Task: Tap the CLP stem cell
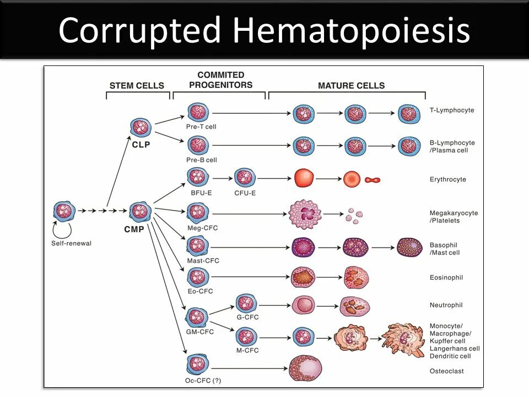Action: pos(141,128)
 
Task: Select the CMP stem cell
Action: pos(141,211)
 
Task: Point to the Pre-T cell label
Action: pos(201,127)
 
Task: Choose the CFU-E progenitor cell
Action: pos(245,178)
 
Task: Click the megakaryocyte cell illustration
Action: pos(305,214)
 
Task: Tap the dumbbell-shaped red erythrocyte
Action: pos(373,180)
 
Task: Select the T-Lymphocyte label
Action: pos(452,110)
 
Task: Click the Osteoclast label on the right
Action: pos(446,371)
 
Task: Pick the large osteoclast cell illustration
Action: pos(305,368)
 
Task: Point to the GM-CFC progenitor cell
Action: pos(197,317)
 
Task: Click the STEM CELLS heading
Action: pos(137,85)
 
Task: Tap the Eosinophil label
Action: pos(446,278)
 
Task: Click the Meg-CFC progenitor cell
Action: pos(197,212)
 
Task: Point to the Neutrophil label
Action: pos(446,305)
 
